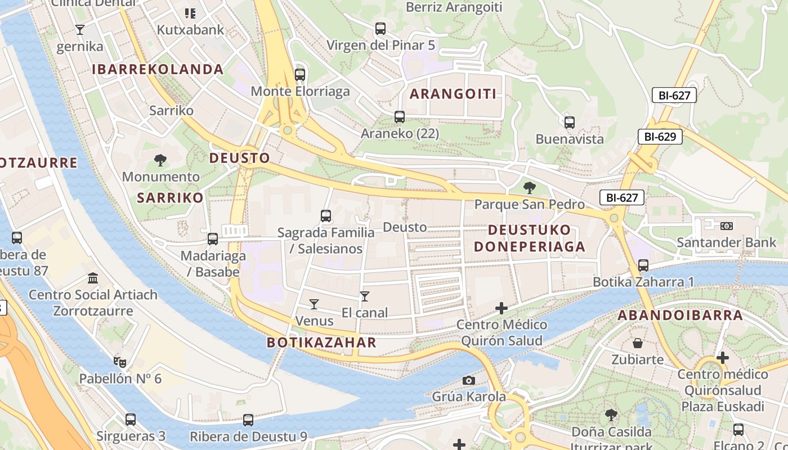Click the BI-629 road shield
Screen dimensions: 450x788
(x=660, y=137)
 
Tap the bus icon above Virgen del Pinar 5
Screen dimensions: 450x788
(x=380, y=28)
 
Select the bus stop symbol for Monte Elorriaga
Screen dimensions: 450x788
(x=300, y=74)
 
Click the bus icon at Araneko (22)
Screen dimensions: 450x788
(x=400, y=117)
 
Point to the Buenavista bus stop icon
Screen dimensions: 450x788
(x=570, y=122)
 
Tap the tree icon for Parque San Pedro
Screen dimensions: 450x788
(x=529, y=187)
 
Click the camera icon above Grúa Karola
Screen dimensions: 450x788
(x=469, y=380)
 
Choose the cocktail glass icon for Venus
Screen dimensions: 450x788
(x=314, y=304)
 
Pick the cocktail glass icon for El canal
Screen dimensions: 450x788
(x=365, y=296)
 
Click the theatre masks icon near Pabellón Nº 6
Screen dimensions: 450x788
(x=119, y=362)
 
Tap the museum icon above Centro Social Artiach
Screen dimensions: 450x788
(x=93, y=278)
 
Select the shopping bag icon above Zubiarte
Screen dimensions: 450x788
(x=638, y=343)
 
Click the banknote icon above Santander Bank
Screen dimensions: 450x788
(x=726, y=226)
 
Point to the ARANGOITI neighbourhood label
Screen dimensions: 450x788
(x=453, y=94)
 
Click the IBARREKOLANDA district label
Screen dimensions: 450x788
(x=158, y=70)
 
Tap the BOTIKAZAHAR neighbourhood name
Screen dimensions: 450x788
(x=321, y=343)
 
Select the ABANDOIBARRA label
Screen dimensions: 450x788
(x=680, y=316)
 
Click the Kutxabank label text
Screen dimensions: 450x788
(x=191, y=30)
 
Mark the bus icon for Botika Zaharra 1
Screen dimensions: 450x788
(x=643, y=265)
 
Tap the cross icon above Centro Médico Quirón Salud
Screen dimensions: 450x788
(x=502, y=308)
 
